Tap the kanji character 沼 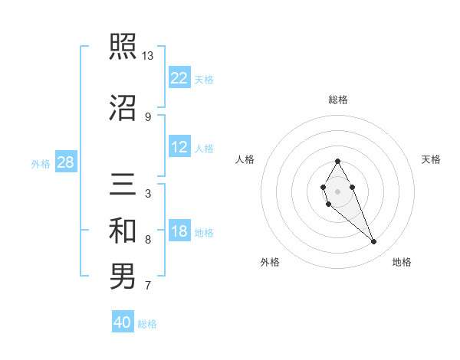point(123,106)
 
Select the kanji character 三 point(123,185)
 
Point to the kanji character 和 point(123,231)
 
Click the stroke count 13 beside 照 point(148,56)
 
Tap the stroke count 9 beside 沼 point(148,116)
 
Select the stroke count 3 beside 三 point(148,194)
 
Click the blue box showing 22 point(179,77)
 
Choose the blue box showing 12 point(179,147)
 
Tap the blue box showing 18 point(179,231)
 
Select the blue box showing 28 point(65,162)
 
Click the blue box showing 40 point(123,322)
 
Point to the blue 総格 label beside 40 point(147,324)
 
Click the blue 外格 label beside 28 point(41,164)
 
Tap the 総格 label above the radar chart point(338,100)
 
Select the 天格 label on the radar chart point(432,159)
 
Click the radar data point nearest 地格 point(373,242)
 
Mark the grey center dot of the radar point(337,191)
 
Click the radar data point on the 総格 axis point(337,161)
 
